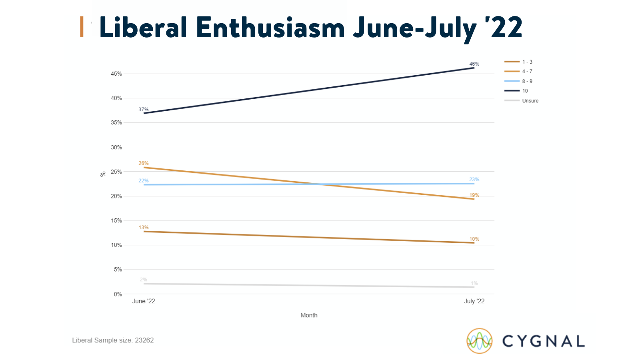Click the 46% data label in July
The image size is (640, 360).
click(x=474, y=64)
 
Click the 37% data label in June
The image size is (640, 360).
click(x=144, y=110)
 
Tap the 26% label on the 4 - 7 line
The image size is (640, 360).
click(x=144, y=164)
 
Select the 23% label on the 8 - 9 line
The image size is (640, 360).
click(x=474, y=180)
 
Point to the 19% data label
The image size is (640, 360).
click(x=474, y=196)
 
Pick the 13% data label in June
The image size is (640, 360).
click(x=144, y=228)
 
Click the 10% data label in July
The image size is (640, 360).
click(x=474, y=239)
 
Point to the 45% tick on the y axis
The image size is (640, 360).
click(x=116, y=74)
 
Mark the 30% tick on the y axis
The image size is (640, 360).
click(x=116, y=147)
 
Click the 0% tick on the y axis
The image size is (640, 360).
click(x=118, y=294)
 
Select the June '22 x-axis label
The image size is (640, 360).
click(x=144, y=301)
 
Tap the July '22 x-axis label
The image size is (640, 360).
click(x=474, y=301)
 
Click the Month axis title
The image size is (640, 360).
click(x=309, y=315)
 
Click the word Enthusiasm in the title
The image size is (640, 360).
click(x=270, y=28)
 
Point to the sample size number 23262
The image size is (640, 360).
click(x=144, y=340)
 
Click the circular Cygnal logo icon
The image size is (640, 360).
click(x=479, y=341)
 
